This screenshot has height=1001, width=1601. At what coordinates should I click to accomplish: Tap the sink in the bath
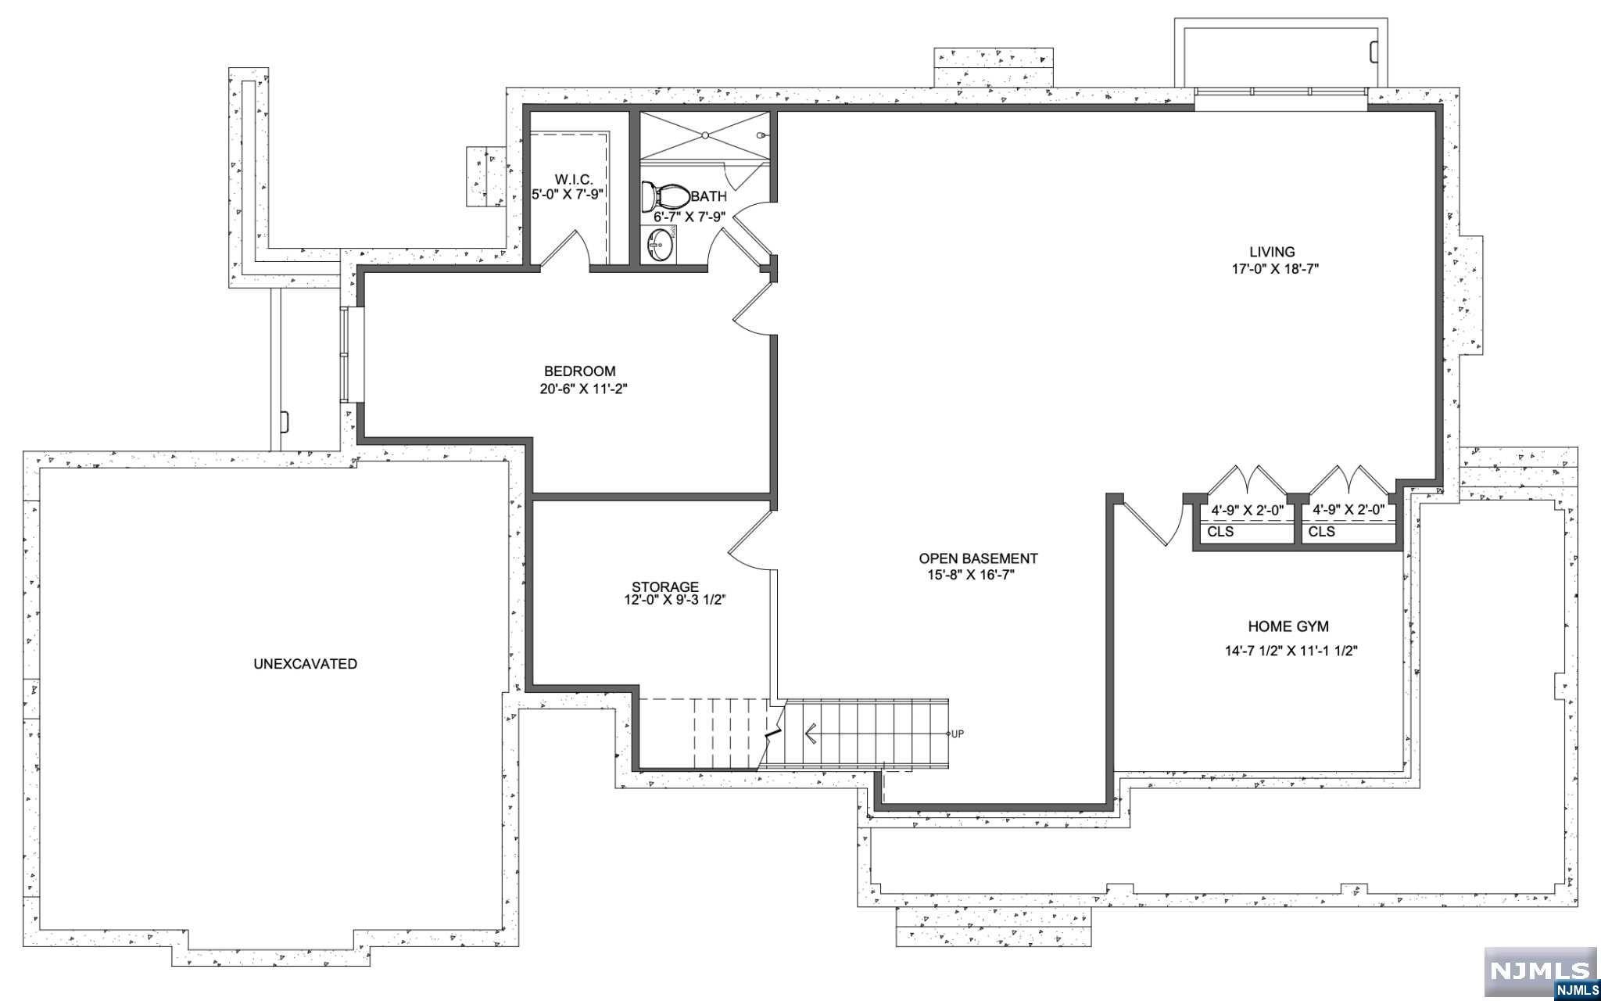[660, 245]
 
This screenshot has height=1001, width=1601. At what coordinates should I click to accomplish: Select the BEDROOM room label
[580, 371]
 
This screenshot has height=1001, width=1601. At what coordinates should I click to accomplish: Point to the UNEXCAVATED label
[306, 664]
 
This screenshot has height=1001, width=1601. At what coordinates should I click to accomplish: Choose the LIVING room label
[1272, 252]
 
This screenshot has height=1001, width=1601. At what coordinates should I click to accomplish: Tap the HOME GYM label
[1288, 626]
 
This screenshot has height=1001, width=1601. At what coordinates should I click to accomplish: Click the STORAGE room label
[665, 587]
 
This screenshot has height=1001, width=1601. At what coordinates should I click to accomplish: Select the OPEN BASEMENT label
[978, 558]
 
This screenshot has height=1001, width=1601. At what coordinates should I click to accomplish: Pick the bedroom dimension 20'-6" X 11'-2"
[584, 389]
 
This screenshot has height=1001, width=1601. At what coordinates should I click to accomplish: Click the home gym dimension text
[1291, 651]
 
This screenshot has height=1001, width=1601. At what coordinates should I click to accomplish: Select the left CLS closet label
[1220, 532]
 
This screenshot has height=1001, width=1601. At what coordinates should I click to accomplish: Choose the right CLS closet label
[1322, 532]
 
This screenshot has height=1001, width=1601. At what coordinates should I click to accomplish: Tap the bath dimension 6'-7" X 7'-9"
[690, 217]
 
